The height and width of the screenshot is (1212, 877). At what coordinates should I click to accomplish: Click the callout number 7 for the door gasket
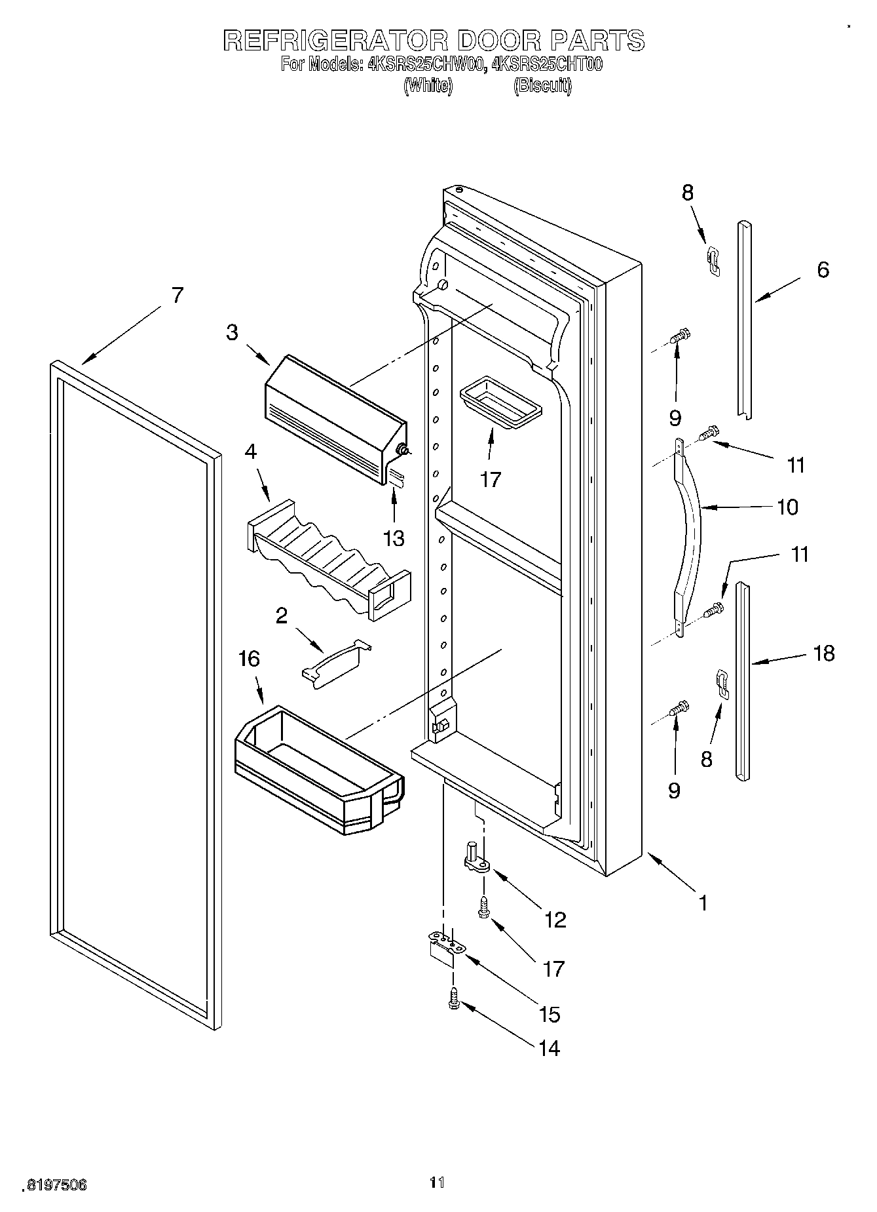click(x=177, y=296)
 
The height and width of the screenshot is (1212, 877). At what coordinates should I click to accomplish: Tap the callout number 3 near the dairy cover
click(x=233, y=332)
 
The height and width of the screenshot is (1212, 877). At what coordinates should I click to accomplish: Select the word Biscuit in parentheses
click(x=542, y=86)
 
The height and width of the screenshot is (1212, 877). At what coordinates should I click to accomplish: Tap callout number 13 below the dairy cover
click(x=394, y=538)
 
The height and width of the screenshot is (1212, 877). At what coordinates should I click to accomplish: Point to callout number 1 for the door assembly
click(x=703, y=903)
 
